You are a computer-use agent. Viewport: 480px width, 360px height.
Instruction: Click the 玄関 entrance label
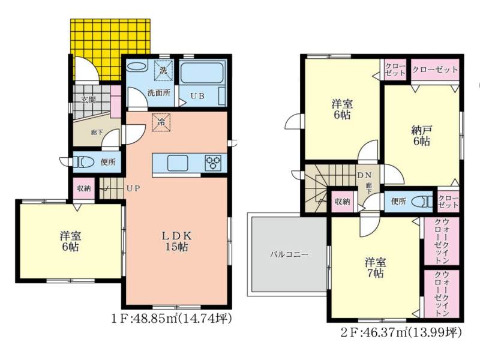click(88, 100)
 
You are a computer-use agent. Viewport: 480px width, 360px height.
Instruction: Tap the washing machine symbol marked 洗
click(163, 71)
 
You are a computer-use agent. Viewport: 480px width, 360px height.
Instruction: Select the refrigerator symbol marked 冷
click(161, 122)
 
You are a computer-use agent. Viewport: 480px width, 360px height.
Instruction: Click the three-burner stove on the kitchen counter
click(213, 163)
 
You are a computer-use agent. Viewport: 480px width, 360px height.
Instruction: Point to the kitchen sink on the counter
click(178, 163)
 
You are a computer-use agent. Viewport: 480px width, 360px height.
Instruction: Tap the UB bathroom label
click(197, 96)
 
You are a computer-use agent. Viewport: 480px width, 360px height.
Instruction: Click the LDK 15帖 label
click(176, 241)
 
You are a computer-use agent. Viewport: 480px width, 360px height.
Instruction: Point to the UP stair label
click(133, 188)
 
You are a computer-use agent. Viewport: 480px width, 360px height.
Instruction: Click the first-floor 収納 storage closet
click(84, 188)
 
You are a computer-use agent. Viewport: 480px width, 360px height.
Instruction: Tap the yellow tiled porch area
click(110, 50)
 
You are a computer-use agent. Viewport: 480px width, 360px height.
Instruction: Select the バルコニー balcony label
click(289, 254)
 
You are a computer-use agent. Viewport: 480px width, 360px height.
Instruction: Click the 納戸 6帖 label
click(421, 136)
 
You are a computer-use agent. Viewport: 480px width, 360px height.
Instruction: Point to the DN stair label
click(364, 175)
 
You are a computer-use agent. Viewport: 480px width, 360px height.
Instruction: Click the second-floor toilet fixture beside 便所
click(422, 202)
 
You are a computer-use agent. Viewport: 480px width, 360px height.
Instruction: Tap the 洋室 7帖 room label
click(375, 268)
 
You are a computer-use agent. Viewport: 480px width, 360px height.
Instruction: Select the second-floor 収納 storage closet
click(342, 202)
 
